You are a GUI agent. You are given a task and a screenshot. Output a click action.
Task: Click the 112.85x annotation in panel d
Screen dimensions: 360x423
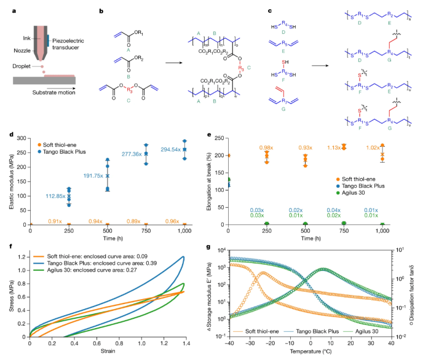point(55,196)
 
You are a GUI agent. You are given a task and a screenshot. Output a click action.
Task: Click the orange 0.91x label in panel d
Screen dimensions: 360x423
point(55,219)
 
